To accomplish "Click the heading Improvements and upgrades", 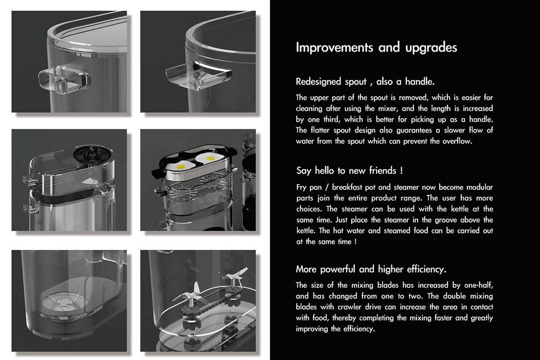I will coord(376,48).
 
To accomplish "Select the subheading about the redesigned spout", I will coord(366,82).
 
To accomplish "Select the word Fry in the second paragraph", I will coord(302,188).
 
